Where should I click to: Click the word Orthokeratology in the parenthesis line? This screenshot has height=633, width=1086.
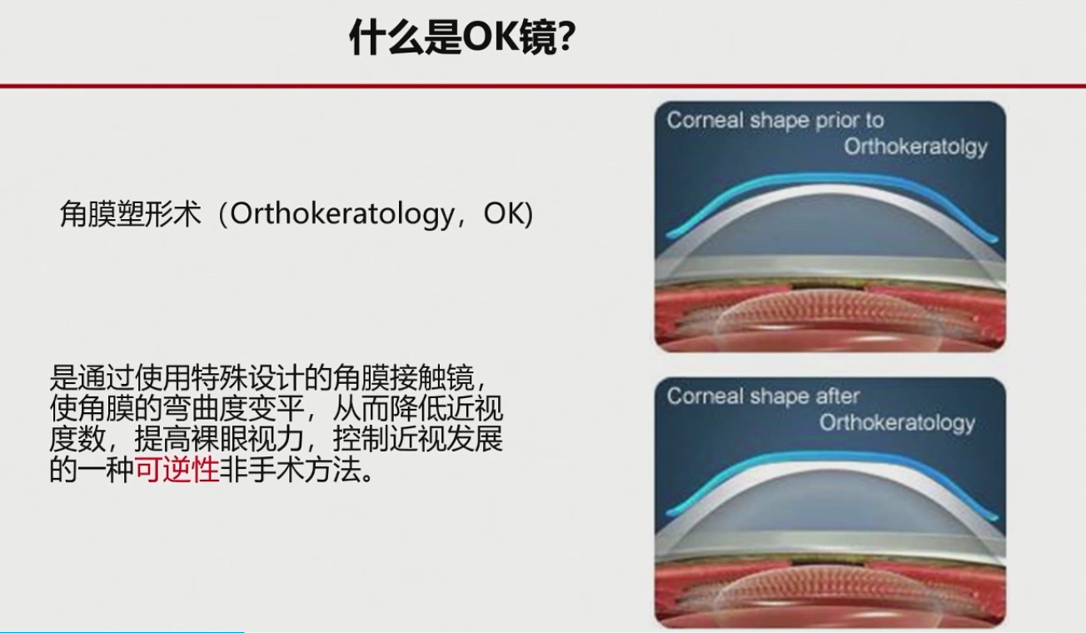(341, 214)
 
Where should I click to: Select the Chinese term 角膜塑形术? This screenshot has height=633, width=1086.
(130, 214)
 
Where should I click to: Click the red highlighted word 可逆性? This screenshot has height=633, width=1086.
(177, 469)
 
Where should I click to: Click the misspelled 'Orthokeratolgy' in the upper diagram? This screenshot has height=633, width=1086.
(916, 147)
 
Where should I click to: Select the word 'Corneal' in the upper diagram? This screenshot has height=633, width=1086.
(705, 120)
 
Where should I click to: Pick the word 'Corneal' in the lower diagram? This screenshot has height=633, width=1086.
(705, 396)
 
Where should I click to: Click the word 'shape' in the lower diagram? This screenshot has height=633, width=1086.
(780, 397)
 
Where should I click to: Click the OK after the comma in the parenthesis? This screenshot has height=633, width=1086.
(503, 213)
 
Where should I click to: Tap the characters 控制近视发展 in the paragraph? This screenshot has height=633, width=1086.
(418, 439)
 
